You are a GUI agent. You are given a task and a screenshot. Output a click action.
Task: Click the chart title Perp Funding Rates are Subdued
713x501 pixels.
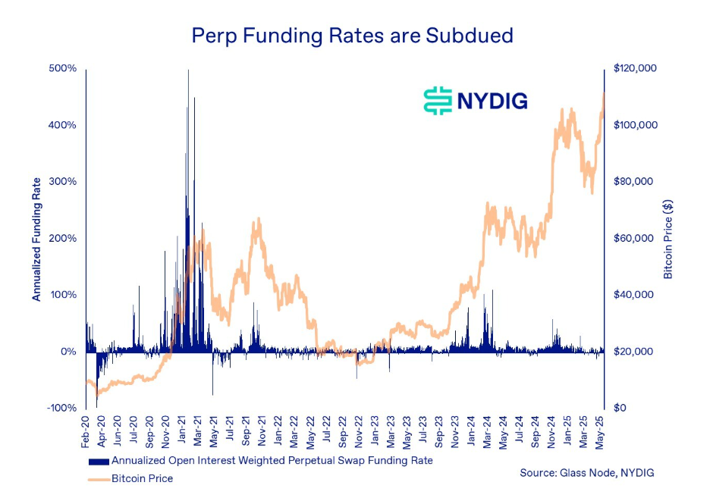click(x=352, y=35)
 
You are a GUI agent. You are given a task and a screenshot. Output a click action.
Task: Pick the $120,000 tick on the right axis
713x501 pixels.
click(x=636, y=68)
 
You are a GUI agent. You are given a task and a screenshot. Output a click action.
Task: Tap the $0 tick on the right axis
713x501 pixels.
click(x=620, y=409)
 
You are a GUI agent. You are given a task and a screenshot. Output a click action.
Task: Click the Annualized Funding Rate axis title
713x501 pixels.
click(x=36, y=238)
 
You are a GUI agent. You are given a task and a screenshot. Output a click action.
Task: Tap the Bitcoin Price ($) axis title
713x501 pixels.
click(x=668, y=238)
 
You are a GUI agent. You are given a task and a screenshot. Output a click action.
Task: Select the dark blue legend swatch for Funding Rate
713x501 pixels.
click(x=99, y=461)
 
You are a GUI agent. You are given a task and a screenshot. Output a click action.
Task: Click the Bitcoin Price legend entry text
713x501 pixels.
click(x=142, y=478)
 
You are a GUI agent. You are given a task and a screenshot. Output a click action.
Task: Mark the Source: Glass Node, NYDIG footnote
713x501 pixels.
click(x=586, y=473)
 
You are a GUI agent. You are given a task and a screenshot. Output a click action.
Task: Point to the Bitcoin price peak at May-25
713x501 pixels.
click(x=604, y=94)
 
